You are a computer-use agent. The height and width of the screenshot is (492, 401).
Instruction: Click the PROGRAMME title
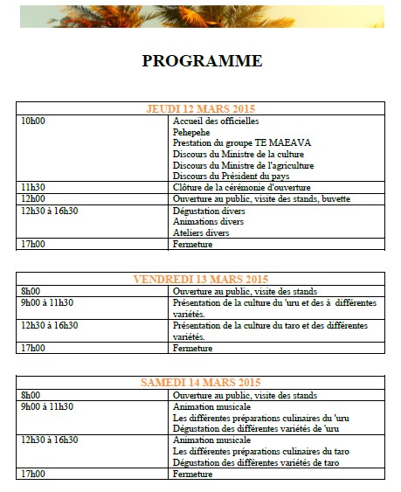point(202,60)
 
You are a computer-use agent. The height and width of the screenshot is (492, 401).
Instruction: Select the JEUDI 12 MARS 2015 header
point(201,108)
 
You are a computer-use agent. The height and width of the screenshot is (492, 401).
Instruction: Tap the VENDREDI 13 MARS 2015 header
point(200,279)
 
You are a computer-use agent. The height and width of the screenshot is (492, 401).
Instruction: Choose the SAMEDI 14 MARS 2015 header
point(201,383)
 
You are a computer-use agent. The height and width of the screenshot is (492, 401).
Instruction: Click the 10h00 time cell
point(33,121)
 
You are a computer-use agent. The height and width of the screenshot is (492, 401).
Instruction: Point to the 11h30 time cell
point(33,187)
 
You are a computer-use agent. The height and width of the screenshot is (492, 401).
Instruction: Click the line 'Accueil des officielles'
point(216,121)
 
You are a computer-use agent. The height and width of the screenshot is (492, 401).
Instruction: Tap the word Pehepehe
point(191,132)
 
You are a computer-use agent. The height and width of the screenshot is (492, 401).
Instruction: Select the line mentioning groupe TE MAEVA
point(230,142)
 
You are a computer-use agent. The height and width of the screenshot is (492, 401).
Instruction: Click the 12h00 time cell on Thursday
point(33,198)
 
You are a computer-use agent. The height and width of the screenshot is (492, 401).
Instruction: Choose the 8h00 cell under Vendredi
point(31,291)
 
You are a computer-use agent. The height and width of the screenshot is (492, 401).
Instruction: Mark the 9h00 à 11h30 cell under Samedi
point(47,406)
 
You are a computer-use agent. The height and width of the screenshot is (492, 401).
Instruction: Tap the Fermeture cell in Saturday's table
point(193,474)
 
